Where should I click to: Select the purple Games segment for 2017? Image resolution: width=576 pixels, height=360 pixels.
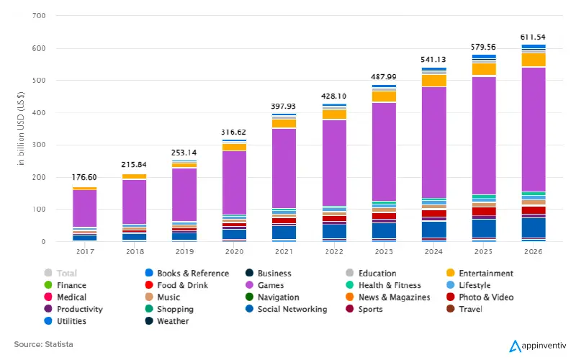tap(84, 208)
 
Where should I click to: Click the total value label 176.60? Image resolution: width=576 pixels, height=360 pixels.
tap(84, 177)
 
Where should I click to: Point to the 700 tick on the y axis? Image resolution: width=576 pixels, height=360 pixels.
tap(40, 16)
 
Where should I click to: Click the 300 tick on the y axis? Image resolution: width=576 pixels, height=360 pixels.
tap(40, 145)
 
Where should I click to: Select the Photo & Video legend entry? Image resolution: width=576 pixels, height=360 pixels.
tap(480, 297)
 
